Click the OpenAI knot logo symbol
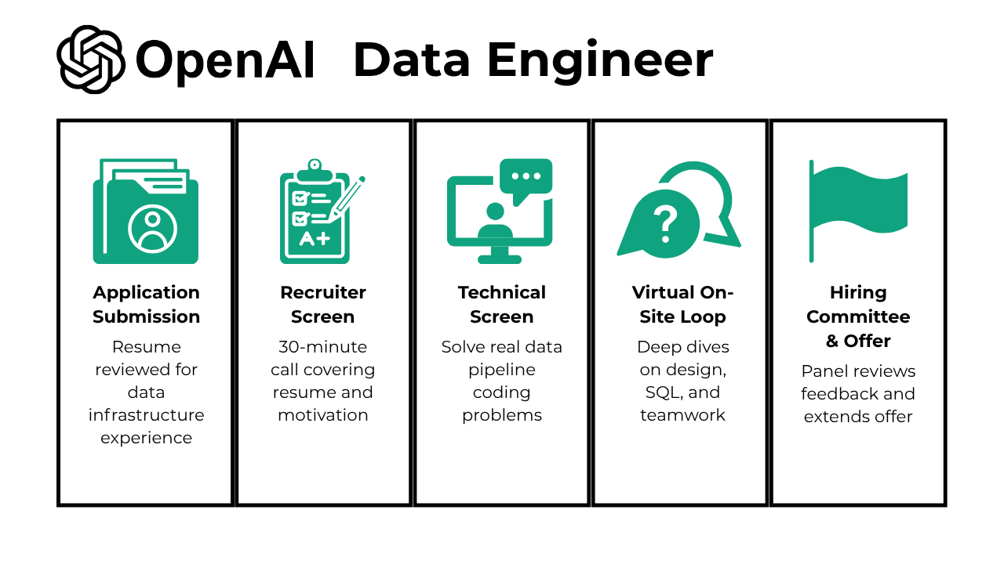[91, 60]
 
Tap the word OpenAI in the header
[225, 60]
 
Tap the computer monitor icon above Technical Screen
[500, 213]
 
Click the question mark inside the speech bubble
[665, 223]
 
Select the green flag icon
[858, 210]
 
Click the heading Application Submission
[146, 304]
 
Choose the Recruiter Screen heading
[323, 304]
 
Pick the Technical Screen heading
[502, 304]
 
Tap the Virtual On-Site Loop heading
[682, 304]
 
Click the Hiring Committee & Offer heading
[858, 316]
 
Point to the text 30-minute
[323, 347]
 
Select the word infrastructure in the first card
[146, 415]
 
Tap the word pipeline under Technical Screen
[502, 370]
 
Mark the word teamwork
[682, 415]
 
